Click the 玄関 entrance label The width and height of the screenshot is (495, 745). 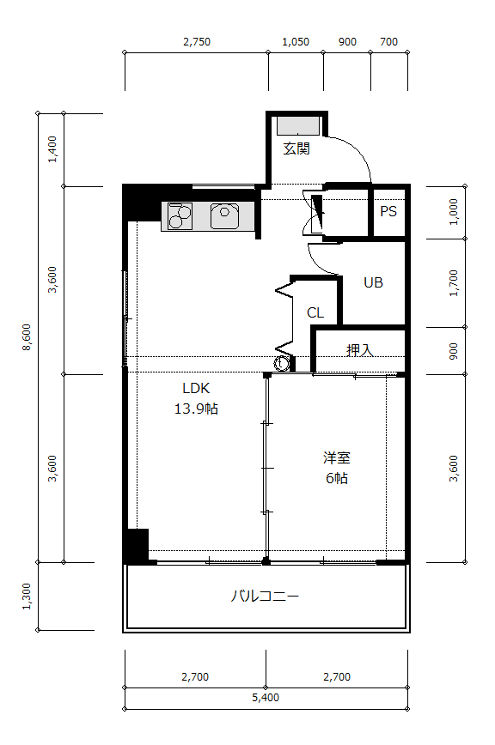(296, 148)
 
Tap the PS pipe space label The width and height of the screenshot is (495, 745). (388, 211)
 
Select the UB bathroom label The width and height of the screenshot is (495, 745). (373, 282)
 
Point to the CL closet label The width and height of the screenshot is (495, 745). (315, 312)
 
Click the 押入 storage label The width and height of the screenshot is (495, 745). (360, 351)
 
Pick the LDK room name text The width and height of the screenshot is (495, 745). (196, 388)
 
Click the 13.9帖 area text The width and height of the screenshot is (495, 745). (196, 409)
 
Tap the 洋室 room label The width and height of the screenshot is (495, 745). (337, 458)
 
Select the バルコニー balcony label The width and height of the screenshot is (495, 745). (265, 596)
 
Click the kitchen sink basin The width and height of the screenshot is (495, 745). (225, 215)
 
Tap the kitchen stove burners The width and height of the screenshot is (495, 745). (180, 216)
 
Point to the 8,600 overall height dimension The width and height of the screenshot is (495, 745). (27, 337)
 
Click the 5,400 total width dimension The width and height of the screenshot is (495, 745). (266, 698)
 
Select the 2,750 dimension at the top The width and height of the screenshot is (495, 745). (197, 42)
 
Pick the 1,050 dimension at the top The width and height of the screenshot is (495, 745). (296, 42)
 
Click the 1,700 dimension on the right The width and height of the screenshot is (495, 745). (454, 283)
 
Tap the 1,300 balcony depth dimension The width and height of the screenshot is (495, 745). (27, 597)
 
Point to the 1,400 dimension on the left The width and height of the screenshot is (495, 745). (52, 149)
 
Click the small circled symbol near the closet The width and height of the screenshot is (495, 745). (281, 363)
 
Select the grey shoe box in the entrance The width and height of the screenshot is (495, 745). (298, 125)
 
